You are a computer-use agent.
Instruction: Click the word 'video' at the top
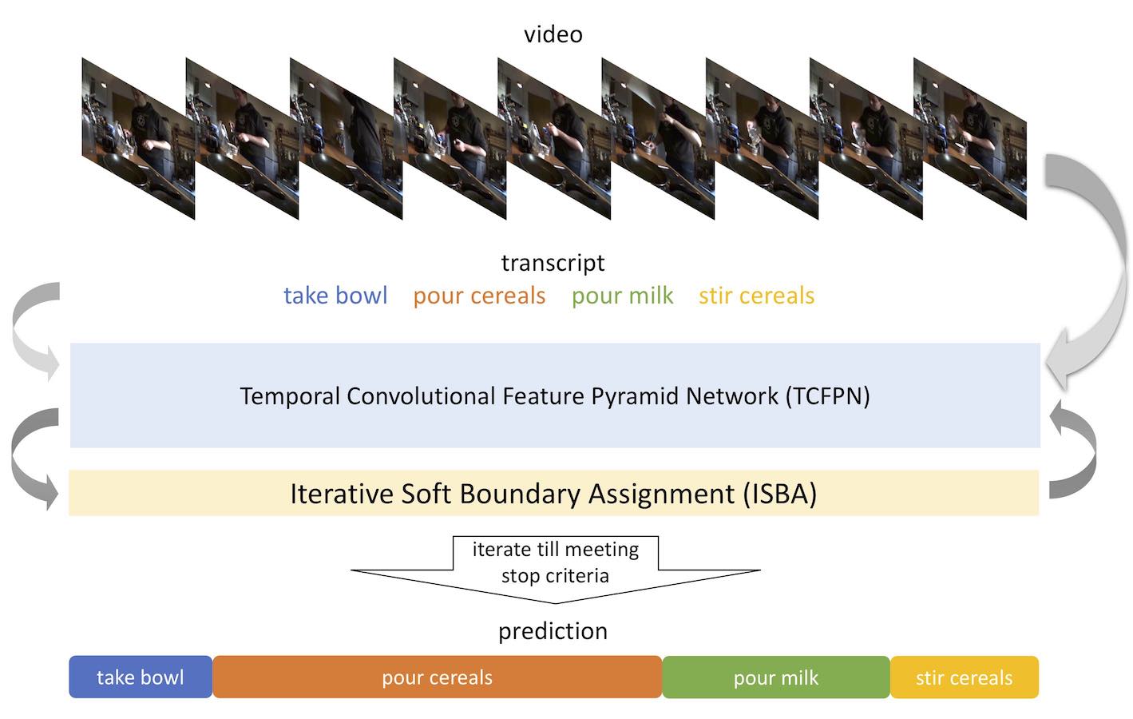(x=553, y=34)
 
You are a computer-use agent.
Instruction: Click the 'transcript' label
(x=553, y=263)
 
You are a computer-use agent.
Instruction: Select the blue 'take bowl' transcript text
(x=335, y=295)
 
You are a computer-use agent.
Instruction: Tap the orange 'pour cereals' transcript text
(x=480, y=296)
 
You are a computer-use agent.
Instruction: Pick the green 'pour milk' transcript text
(x=623, y=296)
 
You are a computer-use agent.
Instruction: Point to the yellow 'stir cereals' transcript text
(x=757, y=296)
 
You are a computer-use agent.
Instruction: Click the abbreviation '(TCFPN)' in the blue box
(x=827, y=396)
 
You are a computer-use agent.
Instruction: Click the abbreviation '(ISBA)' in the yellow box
(x=780, y=494)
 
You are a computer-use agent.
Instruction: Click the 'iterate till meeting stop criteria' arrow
(x=556, y=569)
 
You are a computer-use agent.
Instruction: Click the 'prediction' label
(x=553, y=631)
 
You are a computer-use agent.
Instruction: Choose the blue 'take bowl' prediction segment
(x=141, y=677)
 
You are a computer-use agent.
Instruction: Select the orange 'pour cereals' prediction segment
(x=437, y=677)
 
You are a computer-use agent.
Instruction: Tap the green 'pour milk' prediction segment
(x=776, y=677)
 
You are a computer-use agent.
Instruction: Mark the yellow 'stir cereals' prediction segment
(x=964, y=677)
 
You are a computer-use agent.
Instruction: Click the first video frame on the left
(x=138, y=138)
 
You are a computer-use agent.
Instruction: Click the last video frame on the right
(x=969, y=138)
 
